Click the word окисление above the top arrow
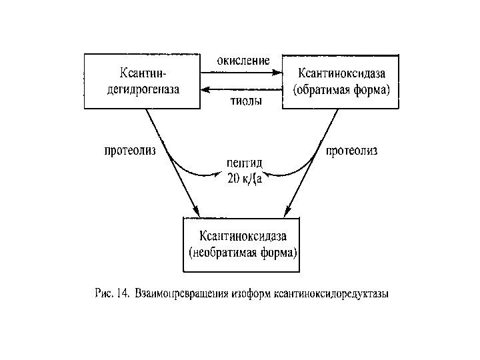242,61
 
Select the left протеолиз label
131,151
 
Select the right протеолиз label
352,151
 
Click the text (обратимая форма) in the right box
342,88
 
